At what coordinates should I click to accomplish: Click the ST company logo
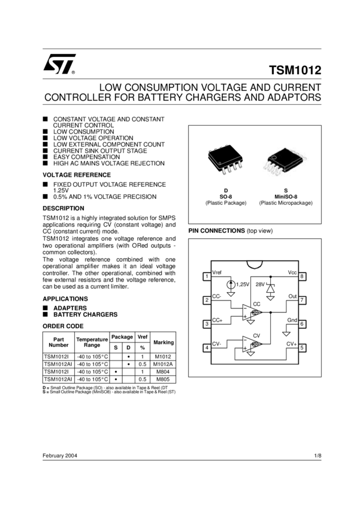point(59,64)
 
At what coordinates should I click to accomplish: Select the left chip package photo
point(225,160)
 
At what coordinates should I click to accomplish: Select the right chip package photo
point(285,162)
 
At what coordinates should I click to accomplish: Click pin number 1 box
point(207,277)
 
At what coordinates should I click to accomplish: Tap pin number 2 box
point(207,300)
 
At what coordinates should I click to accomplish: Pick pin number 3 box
point(207,324)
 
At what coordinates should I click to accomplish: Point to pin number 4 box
point(207,347)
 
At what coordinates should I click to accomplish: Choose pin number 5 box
point(302,347)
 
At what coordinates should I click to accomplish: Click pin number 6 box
point(302,324)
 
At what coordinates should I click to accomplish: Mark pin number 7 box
point(302,300)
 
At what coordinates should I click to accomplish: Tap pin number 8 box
point(302,277)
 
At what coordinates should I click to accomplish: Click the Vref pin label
point(217,272)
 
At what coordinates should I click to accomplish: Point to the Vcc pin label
point(292,272)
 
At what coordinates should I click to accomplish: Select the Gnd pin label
point(292,320)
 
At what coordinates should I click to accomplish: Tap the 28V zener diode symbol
point(270,288)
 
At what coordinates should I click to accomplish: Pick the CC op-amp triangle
point(252,313)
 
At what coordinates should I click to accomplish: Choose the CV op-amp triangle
point(252,344)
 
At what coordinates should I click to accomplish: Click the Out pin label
point(293,296)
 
